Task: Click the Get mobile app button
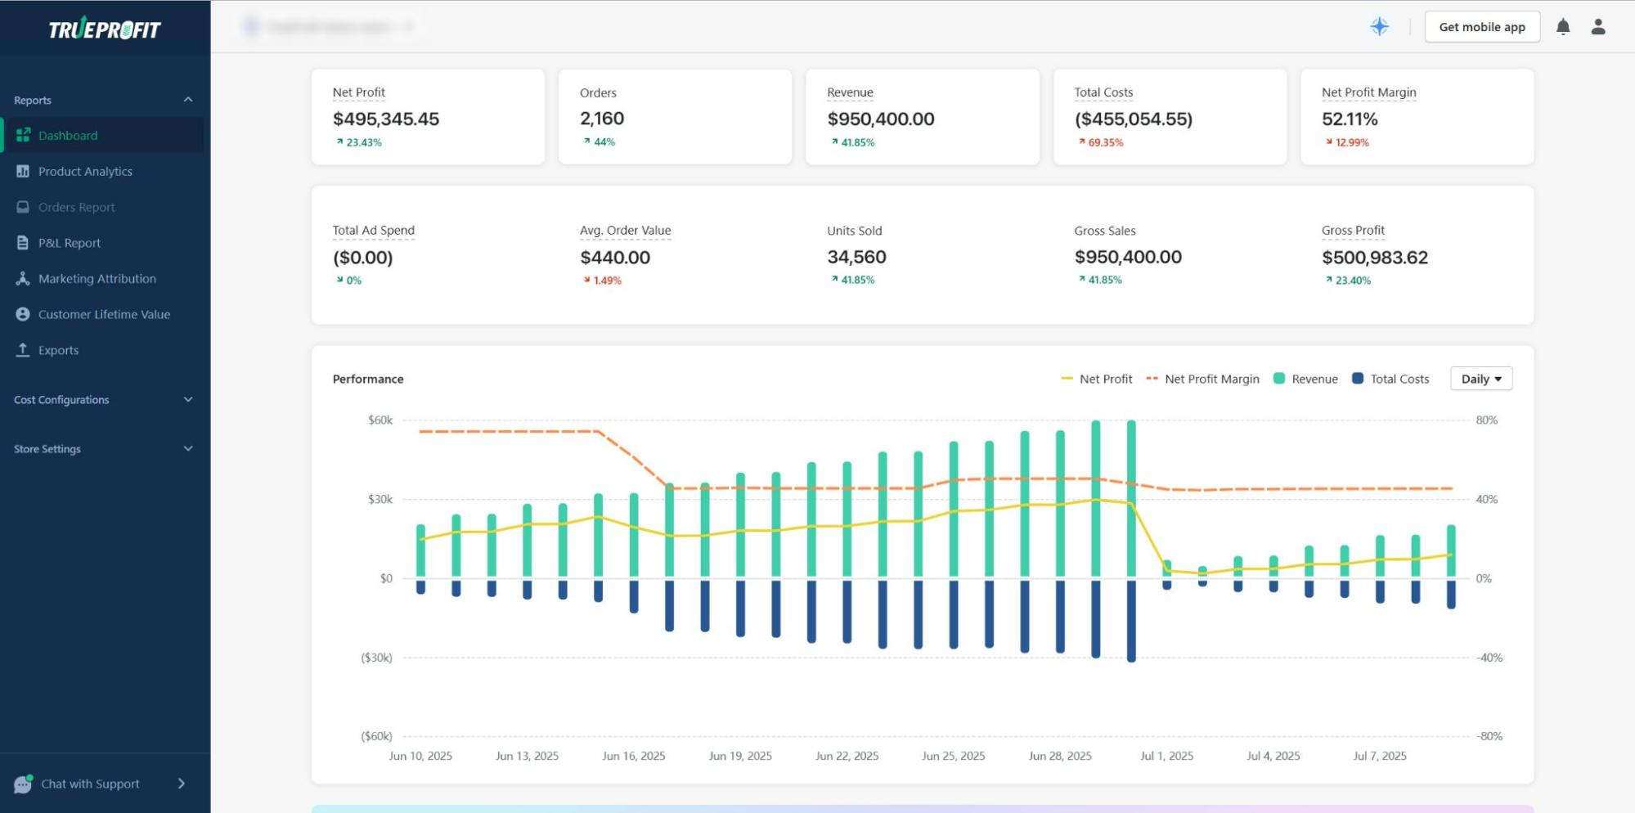click(1481, 27)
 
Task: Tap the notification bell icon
click(1562, 27)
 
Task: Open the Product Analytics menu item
click(85, 172)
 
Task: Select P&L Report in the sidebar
click(70, 243)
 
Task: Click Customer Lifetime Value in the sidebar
click(104, 314)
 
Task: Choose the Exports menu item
click(58, 350)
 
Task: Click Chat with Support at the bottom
click(90, 784)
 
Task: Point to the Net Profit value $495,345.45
click(385, 119)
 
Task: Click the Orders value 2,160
click(602, 119)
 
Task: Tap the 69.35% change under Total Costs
click(1105, 142)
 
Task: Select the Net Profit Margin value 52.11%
click(1350, 119)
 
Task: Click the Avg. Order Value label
click(625, 231)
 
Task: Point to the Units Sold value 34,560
click(856, 257)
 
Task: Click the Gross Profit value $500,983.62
click(1374, 258)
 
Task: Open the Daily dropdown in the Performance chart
click(1480, 379)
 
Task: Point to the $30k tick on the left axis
click(380, 499)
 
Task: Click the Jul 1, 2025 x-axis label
click(1166, 756)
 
